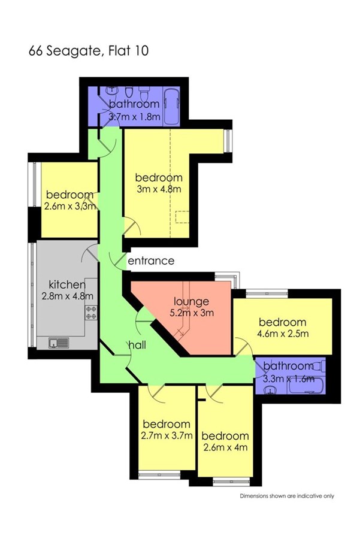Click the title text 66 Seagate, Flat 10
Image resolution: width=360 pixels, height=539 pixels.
[89, 51]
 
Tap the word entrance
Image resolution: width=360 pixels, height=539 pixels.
[151, 261]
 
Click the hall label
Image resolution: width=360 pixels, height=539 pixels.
[137, 345]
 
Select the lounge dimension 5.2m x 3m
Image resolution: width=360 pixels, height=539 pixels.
[192, 313]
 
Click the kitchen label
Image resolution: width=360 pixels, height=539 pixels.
[67, 284]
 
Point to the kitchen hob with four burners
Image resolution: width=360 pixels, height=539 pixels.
[91, 313]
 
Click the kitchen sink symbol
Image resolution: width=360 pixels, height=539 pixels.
[59, 343]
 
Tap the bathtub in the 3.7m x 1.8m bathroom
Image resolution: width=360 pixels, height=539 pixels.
[171, 107]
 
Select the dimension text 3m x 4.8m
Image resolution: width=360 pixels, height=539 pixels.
[159, 189]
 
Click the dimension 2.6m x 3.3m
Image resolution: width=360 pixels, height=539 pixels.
[70, 207]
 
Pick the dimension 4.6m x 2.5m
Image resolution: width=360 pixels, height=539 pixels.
[283, 334]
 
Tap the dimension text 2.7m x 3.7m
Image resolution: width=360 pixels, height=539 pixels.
[167, 435]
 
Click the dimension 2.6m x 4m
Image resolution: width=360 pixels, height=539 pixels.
[225, 447]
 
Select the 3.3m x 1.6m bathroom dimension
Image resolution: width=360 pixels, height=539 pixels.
[289, 379]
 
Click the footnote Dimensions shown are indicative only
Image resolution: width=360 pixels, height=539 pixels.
[287, 496]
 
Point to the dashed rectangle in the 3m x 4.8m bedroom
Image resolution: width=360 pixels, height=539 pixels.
[182, 217]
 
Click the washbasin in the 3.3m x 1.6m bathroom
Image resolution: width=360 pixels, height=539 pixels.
[271, 390]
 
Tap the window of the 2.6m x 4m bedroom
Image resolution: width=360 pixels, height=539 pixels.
[231, 482]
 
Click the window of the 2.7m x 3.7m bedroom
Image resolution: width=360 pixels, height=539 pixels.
[159, 475]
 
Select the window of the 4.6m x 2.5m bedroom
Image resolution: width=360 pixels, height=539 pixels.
[267, 293]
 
